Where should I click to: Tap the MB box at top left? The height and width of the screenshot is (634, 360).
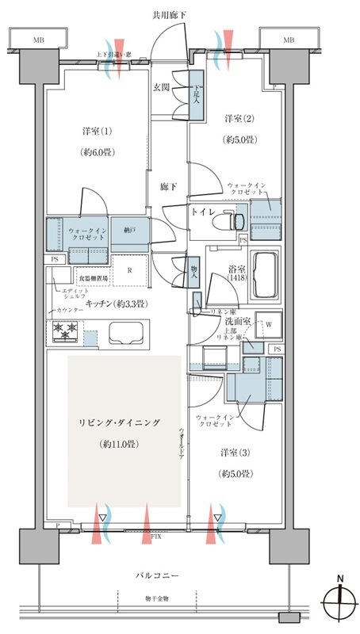coord(38,40)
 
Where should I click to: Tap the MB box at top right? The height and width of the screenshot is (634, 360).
coord(289,40)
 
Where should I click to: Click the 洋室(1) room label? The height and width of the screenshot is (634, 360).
coord(92,130)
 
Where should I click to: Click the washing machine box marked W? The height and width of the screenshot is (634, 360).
coord(270,324)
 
